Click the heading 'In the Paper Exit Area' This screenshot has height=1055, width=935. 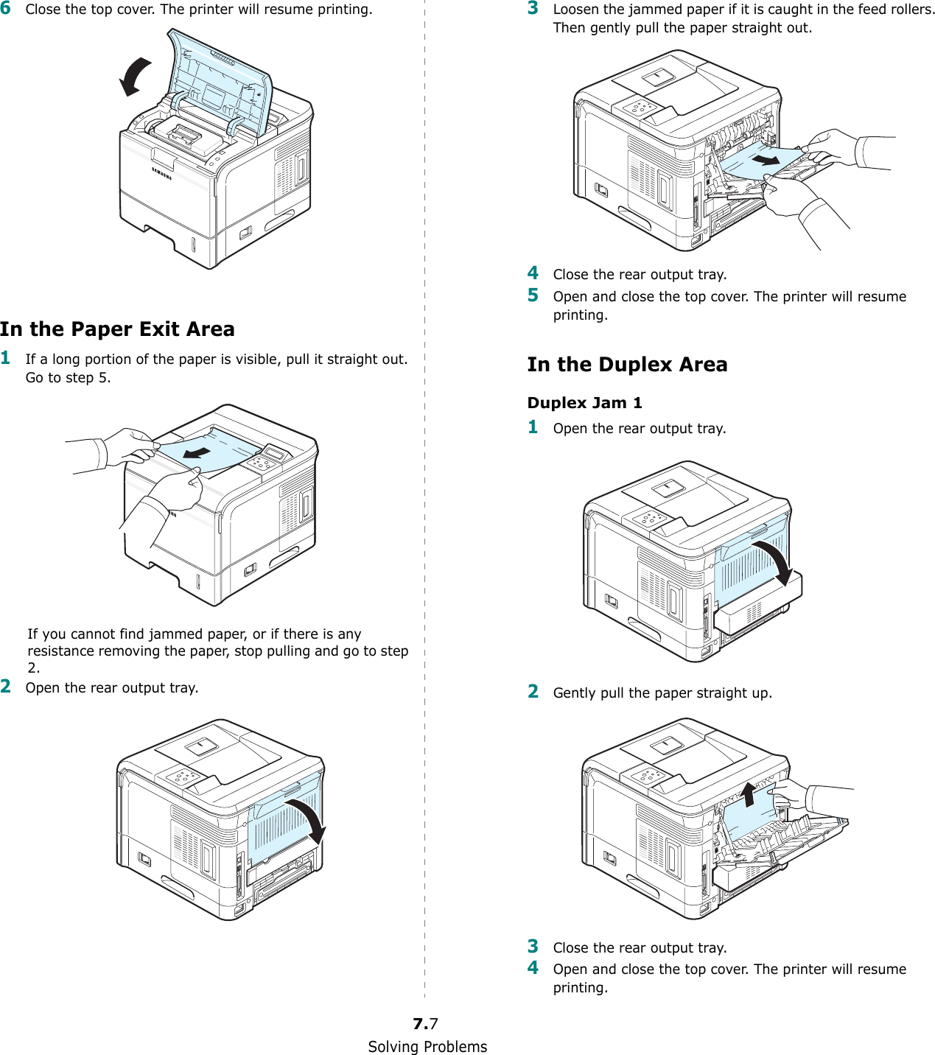(x=117, y=329)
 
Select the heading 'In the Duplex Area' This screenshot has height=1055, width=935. (x=627, y=365)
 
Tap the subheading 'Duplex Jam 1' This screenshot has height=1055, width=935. (x=584, y=403)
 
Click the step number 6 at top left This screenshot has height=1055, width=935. (x=6, y=9)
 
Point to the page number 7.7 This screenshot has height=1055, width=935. (x=425, y=1023)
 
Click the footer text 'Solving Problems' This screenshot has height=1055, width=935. (x=427, y=1046)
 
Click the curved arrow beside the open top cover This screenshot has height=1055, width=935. (x=135, y=77)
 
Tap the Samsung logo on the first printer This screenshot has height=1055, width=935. (x=161, y=173)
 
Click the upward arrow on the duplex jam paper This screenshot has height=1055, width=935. (x=749, y=794)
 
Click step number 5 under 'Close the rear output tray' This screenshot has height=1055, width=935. (x=533, y=295)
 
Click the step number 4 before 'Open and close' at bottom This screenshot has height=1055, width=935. (x=533, y=968)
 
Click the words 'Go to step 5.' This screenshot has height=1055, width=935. (x=68, y=378)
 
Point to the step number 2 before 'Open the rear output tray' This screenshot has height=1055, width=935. (x=6, y=687)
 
